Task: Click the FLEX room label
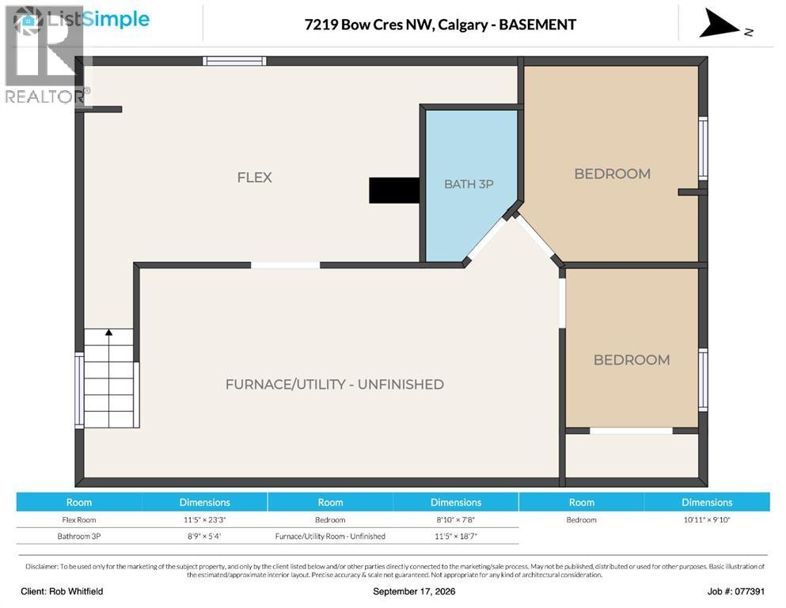[254, 177]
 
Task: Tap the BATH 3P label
[469, 184]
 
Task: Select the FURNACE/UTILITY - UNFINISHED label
[334, 385]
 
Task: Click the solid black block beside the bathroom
[394, 190]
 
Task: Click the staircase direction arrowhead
[108, 332]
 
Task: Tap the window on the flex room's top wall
[234, 61]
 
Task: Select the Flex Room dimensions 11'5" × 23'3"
[204, 520]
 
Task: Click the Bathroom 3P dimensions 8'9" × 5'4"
[204, 536]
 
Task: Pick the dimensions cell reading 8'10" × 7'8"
[456, 520]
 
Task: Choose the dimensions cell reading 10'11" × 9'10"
[707, 520]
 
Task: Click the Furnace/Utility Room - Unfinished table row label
[330, 536]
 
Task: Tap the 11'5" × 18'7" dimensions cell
[456, 536]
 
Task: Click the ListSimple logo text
[98, 20]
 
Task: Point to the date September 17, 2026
[414, 591]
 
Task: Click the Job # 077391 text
[736, 591]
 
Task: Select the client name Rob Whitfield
[76, 591]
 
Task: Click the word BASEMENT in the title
[537, 25]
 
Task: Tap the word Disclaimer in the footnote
[42, 566]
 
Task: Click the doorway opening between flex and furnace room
[285, 265]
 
